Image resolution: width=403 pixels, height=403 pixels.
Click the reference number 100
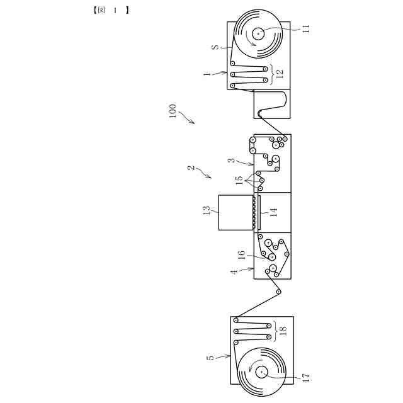173,113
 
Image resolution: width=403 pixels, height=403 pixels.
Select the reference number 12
280,73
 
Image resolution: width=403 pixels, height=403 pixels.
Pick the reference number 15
239,180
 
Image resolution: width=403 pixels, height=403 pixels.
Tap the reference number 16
241,255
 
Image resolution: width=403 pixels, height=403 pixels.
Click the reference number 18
283,331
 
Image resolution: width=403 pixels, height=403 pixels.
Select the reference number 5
210,358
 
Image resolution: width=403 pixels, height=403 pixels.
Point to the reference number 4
234,272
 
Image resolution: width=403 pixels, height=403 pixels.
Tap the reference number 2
191,168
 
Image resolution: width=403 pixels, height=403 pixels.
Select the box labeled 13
235,213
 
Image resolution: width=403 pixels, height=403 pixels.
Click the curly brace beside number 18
274,331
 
